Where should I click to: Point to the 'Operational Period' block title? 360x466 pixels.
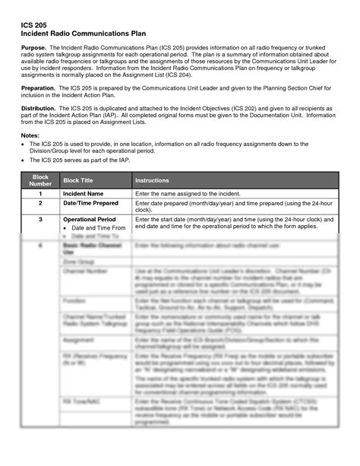[91, 219]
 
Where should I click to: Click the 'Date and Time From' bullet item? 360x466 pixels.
[99, 228]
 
